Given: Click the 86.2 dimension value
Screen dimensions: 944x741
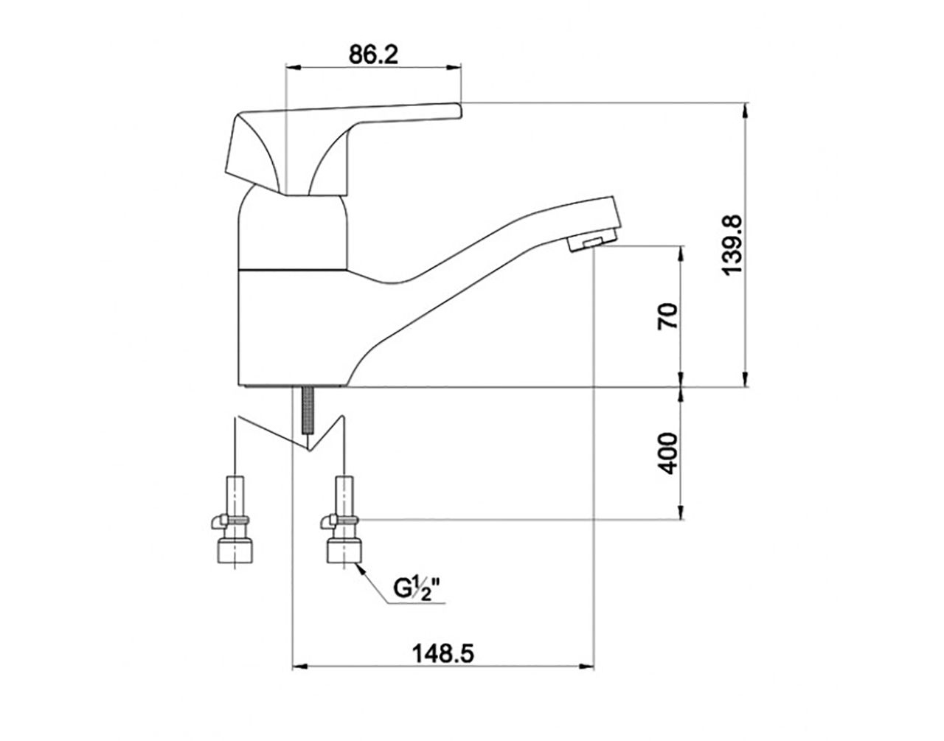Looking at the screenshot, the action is tap(373, 55).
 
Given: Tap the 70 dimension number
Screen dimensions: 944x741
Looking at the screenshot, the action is tap(667, 316).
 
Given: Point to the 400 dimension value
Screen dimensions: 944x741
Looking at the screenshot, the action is tap(667, 453).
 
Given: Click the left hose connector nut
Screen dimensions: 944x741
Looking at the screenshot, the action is tap(236, 551).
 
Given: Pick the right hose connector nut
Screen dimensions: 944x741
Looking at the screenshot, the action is tap(344, 551).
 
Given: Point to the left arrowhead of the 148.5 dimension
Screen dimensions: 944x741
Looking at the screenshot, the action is tap(300, 678).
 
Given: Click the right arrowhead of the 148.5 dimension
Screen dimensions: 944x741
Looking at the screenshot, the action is tap(586, 678).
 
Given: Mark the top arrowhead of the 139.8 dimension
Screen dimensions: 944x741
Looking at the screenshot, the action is tap(746, 110).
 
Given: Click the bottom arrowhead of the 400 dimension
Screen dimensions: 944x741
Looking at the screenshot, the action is tap(680, 511).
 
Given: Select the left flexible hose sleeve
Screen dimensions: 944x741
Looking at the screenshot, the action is tap(236, 496).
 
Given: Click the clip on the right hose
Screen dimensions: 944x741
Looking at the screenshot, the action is tap(339, 521).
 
